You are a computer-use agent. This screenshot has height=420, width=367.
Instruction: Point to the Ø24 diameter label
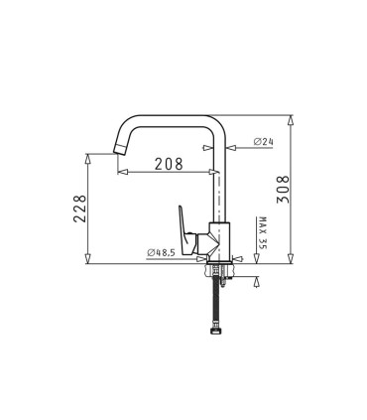263,142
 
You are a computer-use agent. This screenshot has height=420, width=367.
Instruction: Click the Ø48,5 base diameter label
161,253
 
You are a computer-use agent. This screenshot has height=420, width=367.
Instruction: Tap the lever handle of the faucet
187,221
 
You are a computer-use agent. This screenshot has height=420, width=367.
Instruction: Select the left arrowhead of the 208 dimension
121,174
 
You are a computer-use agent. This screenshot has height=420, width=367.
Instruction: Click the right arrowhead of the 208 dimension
212,174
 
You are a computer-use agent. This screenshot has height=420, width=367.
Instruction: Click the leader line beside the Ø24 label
243,142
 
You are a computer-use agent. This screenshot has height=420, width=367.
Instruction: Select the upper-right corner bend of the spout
223,123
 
